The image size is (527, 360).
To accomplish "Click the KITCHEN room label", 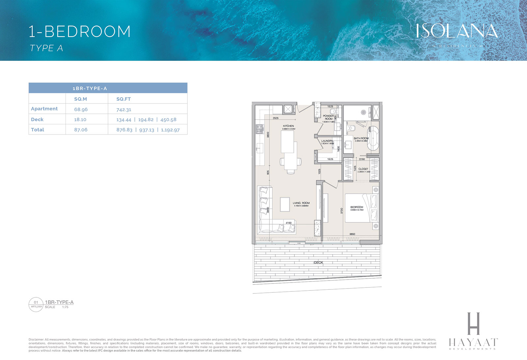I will [x=288, y=126].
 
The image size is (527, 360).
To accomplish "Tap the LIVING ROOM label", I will [x=301, y=203].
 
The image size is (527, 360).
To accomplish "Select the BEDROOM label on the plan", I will [x=357, y=207].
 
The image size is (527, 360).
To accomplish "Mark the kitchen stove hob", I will [x=259, y=129].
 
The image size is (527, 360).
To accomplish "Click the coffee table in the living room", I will [x=285, y=204].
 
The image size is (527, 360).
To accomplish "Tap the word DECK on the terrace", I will [x=318, y=263].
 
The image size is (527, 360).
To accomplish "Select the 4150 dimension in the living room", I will [x=289, y=223].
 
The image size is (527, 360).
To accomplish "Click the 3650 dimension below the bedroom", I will [x=352, y=234].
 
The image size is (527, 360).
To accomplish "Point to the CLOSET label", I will [x=363, y=169].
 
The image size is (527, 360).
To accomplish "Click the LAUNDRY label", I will [x=327, y=141].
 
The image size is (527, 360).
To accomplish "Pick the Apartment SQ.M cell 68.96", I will [x=81, y=109].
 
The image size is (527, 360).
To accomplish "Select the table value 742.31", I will [x=124, y=109].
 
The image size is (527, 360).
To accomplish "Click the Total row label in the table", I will [x=38, y=130].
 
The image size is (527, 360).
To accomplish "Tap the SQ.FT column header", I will [x=124, y=99].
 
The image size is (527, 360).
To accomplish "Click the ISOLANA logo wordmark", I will [x=457, y=31].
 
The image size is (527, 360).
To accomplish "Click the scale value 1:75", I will [x=65, y=307].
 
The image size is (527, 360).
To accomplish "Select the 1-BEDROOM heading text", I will [x=80, y=32].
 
